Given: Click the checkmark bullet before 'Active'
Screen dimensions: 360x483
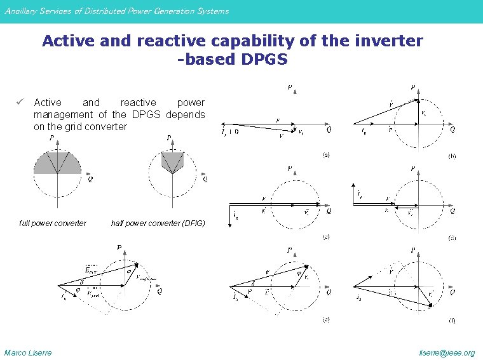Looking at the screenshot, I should pyautogui.click(x=21, y=102).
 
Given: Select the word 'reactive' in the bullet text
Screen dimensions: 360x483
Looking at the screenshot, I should pyautogui.click(x=138, y=102).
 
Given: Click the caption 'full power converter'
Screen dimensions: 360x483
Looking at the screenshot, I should pyautogui.click(x=53, y=223).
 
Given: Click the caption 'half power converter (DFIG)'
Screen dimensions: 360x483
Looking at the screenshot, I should pyautogui.click(x=158, y=223).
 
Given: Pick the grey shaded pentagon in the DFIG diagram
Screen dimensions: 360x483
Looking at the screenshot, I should pyautogui.click(x=172, y=163).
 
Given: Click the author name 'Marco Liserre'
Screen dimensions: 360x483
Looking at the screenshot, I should pyautogui.click(x=28, y=352).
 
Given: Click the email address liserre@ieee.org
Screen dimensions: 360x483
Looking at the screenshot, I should pyautogui.click(x=447, y=352).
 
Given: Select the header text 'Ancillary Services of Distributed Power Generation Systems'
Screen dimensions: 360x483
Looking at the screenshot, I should pyautogui.click(x=116, y=11).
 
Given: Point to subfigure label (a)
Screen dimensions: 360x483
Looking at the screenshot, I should pyautogui.click(x=325, y=155).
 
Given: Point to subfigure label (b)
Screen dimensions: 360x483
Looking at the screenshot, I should pyautogui.click(x=452, y=155).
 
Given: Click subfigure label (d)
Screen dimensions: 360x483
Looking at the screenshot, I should pyautogui.click(x=452, y=237).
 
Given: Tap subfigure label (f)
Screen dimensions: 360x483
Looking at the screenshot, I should pyautogui.click(x=452, y=321).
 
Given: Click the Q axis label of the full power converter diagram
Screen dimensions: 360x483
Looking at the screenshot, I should pyautogui.click(x=90, y=180).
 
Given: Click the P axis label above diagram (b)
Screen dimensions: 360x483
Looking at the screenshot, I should pyautogui.click(x=413, y=87).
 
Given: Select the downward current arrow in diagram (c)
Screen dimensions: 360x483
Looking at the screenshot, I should pyautogui.click(x=229, y=214).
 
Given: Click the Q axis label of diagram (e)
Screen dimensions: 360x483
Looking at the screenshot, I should pyautogui.click(x=329, y=293).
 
